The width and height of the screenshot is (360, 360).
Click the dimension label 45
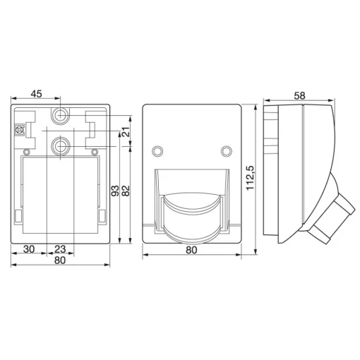pos(37,94)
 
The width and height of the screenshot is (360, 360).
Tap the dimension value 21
pos(126,132)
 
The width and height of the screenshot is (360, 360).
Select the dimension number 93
pos(115,191)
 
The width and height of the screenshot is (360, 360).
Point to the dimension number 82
pos(126,191)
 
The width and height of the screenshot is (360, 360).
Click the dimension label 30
pos(29,249)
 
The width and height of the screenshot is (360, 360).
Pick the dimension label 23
pos(60,249)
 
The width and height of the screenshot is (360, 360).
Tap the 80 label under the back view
pos(60,260)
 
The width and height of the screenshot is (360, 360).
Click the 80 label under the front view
pos(191,250)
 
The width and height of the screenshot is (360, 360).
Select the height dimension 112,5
pos(250,178)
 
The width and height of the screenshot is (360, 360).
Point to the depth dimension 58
pos(299,96)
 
